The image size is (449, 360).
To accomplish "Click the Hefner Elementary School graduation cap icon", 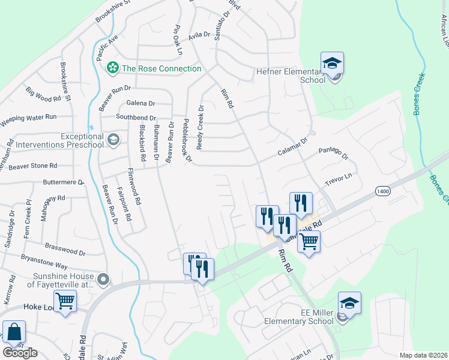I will click(x=332, y=64).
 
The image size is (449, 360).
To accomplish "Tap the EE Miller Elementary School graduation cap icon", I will click(x=349, y=304).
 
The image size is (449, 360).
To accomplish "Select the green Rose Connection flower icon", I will click(x=112, y=68).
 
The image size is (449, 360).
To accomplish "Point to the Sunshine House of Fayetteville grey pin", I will click(x=103, y=279).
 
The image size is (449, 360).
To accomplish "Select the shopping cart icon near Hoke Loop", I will click(x=65, y=300).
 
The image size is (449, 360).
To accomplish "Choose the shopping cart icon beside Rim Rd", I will click(x=309, y=242).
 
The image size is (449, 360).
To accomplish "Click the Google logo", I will click(x=20, y=353).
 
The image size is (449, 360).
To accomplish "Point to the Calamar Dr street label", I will click(x=292, y=148).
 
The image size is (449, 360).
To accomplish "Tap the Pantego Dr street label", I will click(x=333, y=153).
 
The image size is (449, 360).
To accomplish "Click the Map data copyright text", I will click(x=424, y=355).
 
